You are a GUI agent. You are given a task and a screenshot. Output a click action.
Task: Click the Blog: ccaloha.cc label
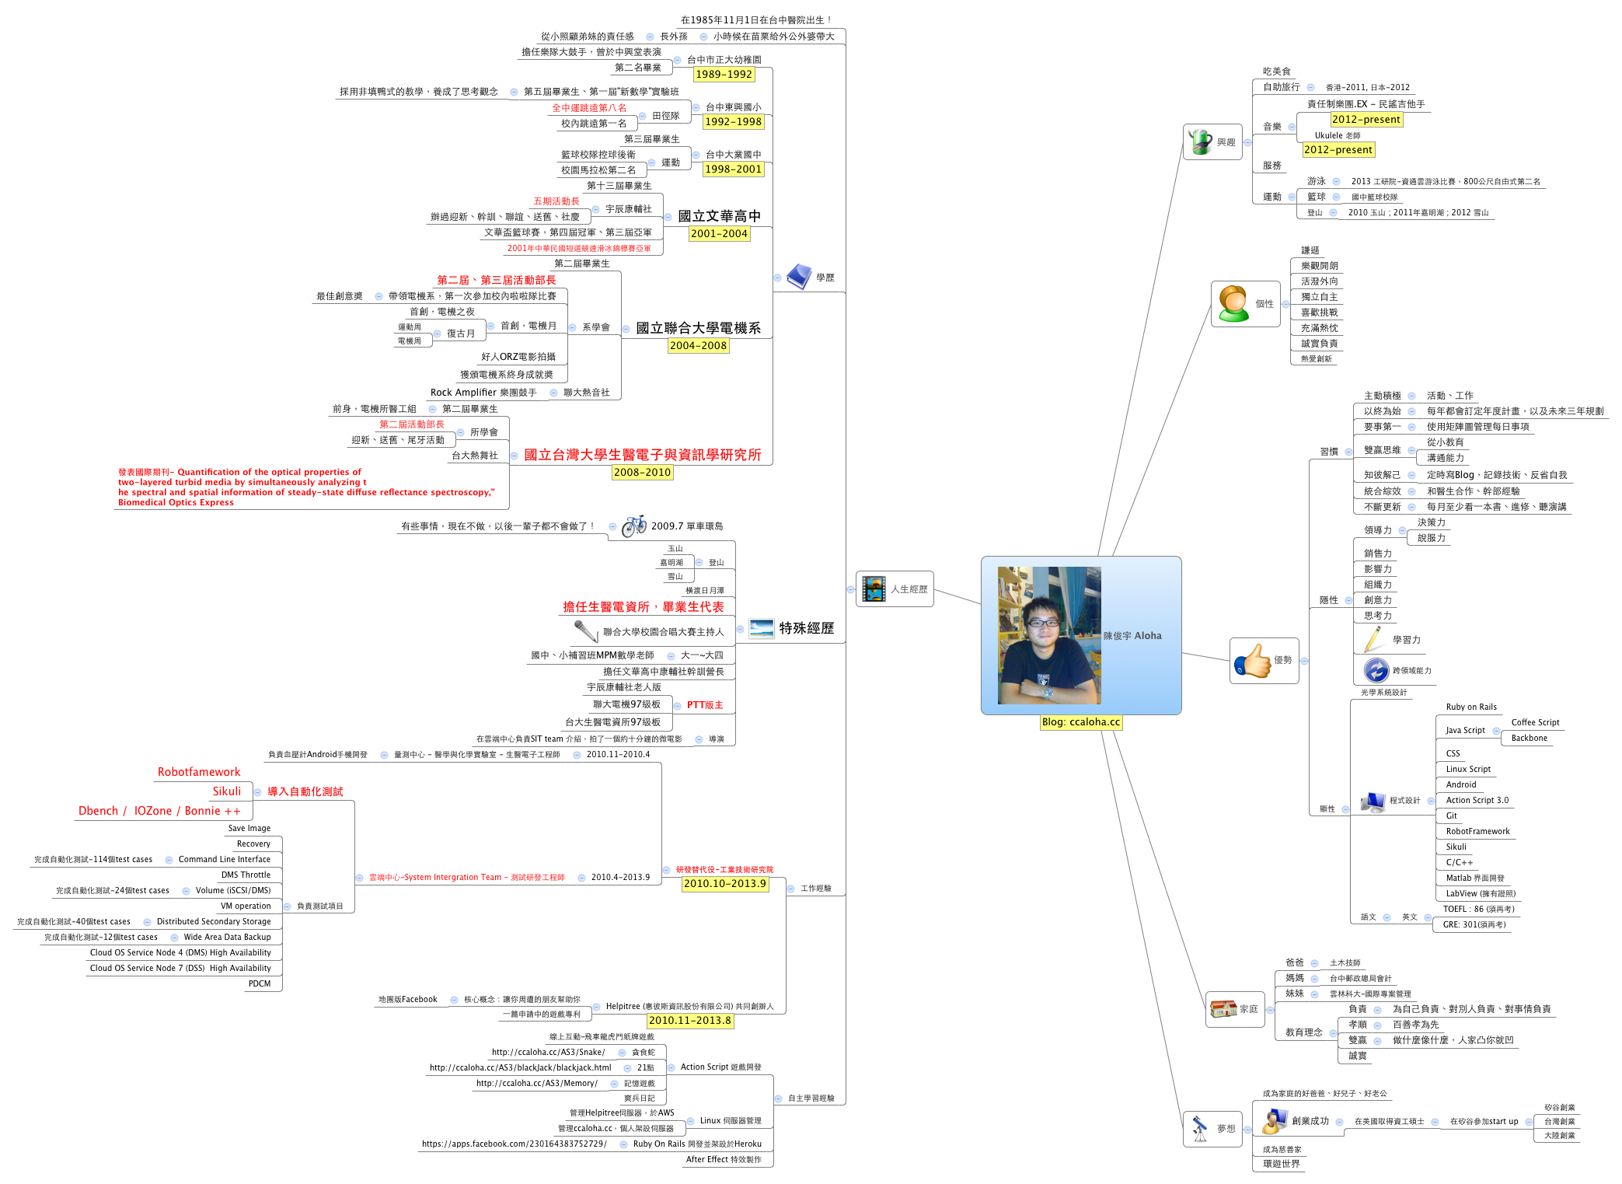[1080, 722]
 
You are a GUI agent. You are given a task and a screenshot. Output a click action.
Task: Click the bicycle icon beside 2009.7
[633, 526]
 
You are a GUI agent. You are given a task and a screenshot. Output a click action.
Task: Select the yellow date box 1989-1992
[724, 75]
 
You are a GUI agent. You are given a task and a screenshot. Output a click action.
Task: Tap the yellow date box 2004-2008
[698, 346]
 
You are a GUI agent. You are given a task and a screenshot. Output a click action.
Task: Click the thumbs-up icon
[1251, 662]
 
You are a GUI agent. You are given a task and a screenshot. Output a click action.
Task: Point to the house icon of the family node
[1223, 1009]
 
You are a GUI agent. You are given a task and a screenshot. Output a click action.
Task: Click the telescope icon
[1200, 1128]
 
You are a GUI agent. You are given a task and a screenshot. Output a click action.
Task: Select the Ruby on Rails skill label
[1470, 707]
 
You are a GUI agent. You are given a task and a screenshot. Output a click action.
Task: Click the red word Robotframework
[199, 772]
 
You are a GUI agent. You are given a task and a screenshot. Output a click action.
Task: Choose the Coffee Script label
[1535, 723]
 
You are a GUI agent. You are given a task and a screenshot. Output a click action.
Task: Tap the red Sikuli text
[227, 791]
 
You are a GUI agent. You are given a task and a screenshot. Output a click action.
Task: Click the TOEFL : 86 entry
[1478, 910]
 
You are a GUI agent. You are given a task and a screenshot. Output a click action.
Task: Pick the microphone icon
[585, 630]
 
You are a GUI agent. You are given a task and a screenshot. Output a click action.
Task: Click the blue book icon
[799, 277]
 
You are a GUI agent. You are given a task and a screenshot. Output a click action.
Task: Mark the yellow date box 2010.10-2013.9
[724, 884]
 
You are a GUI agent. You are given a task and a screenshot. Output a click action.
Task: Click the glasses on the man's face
[1042, 623]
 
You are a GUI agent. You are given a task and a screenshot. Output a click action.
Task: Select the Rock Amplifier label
[483, 393]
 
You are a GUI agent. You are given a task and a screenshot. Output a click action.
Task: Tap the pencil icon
[1373, 640]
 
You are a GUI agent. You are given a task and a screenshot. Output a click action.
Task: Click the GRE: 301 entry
[1474, 925]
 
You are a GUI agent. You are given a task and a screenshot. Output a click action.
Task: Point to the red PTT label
[704, 705]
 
